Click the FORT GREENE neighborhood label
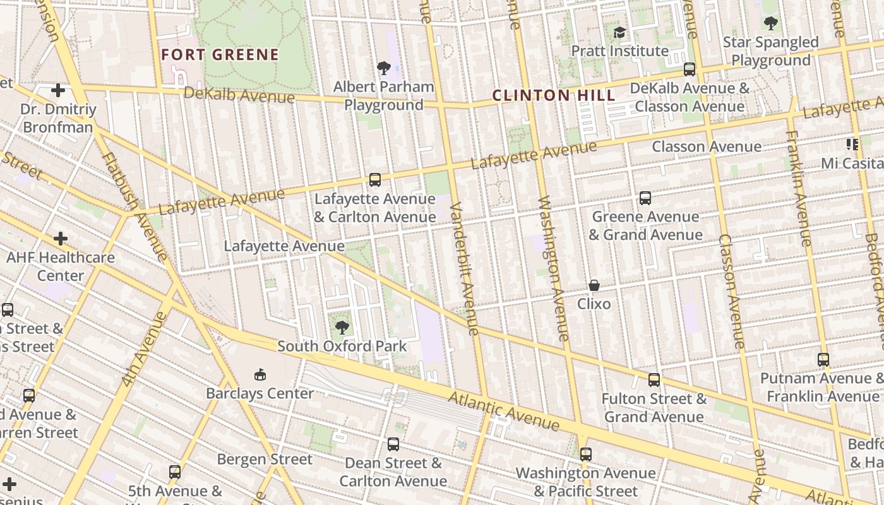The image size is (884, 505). click(220, 55)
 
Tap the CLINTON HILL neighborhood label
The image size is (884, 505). click(553, 96)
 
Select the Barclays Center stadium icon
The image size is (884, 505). click(260, 375)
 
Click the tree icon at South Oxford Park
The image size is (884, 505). click(342, 327)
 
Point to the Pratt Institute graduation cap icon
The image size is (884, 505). click(619, 32)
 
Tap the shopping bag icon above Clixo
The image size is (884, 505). click(594, 285)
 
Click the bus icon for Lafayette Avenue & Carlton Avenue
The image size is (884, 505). click(375, 180)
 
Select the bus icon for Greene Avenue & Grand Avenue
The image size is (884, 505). click(645, 198)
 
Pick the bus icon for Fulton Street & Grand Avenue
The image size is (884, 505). click(654, 380)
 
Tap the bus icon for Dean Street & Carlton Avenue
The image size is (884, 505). click(393, 444)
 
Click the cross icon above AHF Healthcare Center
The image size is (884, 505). click(61, 239)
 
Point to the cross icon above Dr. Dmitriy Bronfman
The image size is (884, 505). click(58, 90)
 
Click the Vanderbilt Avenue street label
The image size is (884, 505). click(465, 268)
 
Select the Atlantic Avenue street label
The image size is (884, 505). click(504, 411)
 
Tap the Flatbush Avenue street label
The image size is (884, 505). click(134, 206)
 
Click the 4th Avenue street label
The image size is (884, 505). click(143, 349)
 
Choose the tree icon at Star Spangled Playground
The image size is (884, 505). click(770, 23)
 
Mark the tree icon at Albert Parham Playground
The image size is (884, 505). click(383, 68)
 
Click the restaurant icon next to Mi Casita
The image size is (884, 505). click(852, 145)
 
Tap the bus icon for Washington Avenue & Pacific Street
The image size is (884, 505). click(586, 454)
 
